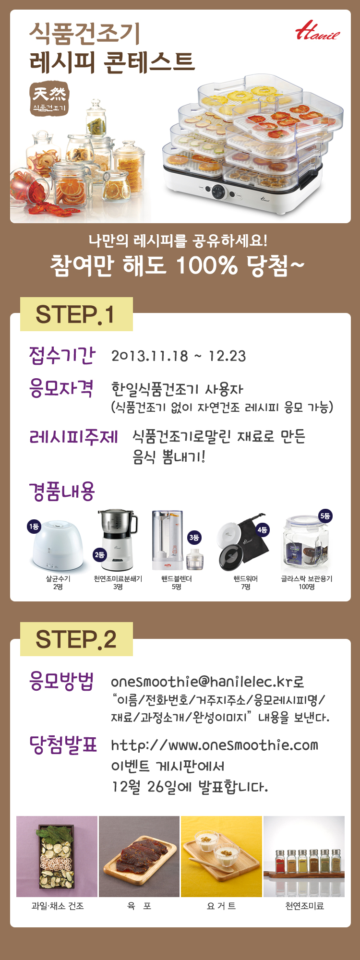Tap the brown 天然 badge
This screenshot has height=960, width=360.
pyautogui.click(x=49, y=98)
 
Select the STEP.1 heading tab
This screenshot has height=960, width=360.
pyautogui.click(x=76, y=314)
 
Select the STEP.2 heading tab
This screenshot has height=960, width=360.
pyautogui.click(x=76, y=639)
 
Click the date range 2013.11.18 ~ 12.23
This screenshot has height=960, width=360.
pyautogui.click(x=179, y=356)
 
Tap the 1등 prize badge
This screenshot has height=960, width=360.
pyautogui.click(x=34, y=527)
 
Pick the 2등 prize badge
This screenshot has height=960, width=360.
pyautogui.click(x=99, y=554)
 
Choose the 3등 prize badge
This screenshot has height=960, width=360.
pyautogui.click(x=194, y=538)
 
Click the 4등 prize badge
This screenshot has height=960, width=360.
pyautogui.click(x=262, y=529)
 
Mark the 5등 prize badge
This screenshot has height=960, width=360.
pyautogui.click(x=325, y=516)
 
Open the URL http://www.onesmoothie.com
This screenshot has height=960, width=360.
pyautogui.click(x=215, y=745)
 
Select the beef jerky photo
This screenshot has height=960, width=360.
pyautogui.click(x=139, y=856)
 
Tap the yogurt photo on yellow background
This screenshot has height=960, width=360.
pyautogui.click(x=221, y=856)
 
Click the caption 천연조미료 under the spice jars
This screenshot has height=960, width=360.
pyautogui.click(x=304, y=906)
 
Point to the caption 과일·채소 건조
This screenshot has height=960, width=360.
pyautogui.click(x=58, y=906)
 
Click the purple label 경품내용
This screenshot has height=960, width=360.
pyautogui.click(x=62, y=492)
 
